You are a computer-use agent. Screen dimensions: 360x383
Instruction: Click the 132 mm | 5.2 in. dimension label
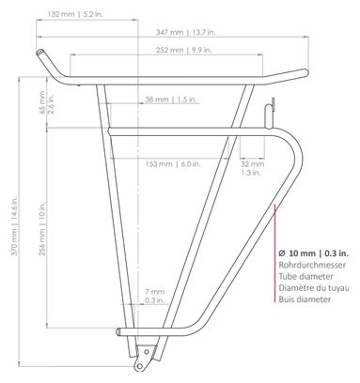click(75, 14)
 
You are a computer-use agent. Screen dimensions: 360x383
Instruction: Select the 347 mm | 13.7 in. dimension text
click(186, 32)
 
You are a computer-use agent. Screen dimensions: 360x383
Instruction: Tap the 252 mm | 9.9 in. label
click(184, 50)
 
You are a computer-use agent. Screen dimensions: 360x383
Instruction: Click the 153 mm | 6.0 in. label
click(173, 163)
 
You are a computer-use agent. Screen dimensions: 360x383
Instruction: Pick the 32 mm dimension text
click(253, 163)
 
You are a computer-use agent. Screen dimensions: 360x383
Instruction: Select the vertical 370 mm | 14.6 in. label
click(14, 226)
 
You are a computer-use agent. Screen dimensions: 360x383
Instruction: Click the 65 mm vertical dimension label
click(42, 102)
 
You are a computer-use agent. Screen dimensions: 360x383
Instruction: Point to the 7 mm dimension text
click(154, 292)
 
